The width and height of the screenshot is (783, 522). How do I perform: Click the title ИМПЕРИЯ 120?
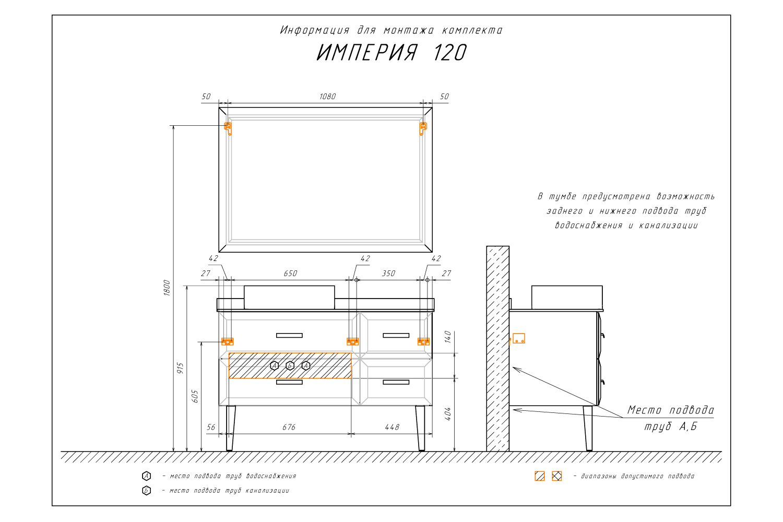point(391,53)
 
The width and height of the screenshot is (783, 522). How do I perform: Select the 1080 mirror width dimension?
point(327,97)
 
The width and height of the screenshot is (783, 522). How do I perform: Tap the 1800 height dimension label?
point(167,288)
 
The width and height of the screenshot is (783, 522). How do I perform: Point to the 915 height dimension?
point(181,369)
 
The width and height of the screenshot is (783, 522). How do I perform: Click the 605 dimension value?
point(195,396)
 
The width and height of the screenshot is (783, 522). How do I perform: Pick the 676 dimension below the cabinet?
point(289,427)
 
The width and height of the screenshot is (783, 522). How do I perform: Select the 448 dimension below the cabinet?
point(391,427)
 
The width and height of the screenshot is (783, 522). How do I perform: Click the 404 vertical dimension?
point(448,414)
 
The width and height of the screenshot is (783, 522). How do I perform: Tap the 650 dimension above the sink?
point(290,274)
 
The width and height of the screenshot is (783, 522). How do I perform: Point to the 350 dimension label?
point(388,274)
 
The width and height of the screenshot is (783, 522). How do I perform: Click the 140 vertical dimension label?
point(448,337)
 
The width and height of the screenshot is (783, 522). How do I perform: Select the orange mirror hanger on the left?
point(228,128)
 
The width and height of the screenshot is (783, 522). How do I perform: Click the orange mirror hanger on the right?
point(423,128)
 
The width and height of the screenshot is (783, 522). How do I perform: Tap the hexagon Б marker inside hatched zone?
point(290,365)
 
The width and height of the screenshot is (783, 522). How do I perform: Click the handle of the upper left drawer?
point(289,335)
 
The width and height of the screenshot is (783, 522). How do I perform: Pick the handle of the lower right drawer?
point(396,382)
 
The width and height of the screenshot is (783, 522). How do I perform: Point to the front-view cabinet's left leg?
point(230,428)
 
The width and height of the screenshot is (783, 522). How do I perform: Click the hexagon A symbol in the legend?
point(147,476)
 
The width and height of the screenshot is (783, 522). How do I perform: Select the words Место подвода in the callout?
point(670,410)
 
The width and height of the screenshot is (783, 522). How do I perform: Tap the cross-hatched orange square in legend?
point(557,476)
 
